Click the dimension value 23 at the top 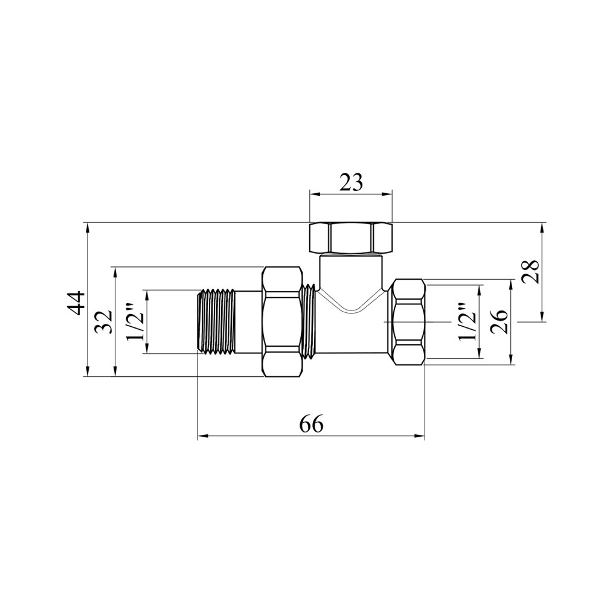click(x=351, y=182)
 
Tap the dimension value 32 click(x=104, y=322)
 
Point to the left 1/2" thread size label click(x=135, y=323)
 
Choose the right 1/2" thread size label click(x=466, y=322)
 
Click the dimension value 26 click(x=500, y=322)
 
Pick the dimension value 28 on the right click(x=530, y=272)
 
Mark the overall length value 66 click(x=311, y=425)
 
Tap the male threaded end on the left click(x=216, y=322)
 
